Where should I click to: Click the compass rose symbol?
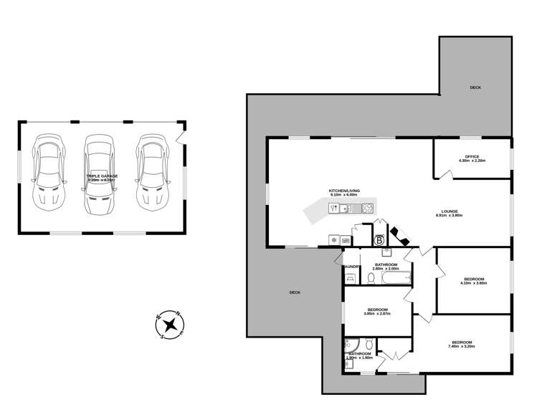[169, 324]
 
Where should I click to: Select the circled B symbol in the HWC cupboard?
[380, 240]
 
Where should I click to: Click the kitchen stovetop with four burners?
[367, 209]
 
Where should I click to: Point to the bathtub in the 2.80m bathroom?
[394, 277]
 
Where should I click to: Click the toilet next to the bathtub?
[371, 278]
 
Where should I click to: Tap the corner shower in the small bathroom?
[351, 345]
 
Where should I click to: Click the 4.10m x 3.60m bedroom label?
[473, 280]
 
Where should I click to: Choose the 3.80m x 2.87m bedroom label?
[377, 312]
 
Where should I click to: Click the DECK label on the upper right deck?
[475, 87]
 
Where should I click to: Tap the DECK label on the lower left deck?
[295, 292]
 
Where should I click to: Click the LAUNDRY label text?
[351, 267]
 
